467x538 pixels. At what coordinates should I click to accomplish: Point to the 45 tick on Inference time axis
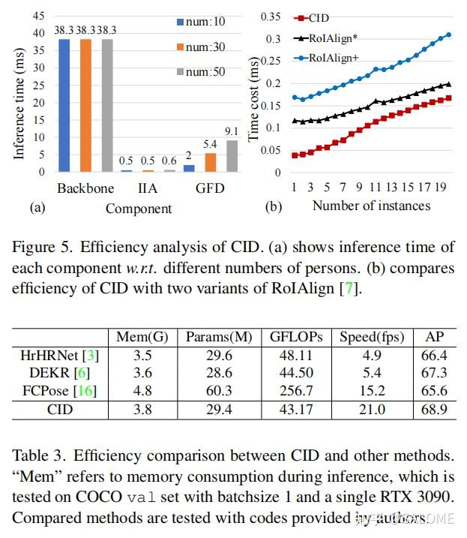pyautogui.click(x=37, y=15)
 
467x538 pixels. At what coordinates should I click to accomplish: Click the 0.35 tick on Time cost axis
pyautogui.click(x=269, y=17)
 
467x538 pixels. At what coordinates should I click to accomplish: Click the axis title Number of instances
pyautogui.click(x=371, y=205)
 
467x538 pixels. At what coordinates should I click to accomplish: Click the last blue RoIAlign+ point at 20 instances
pyautogui.click(x=449, y=35)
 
